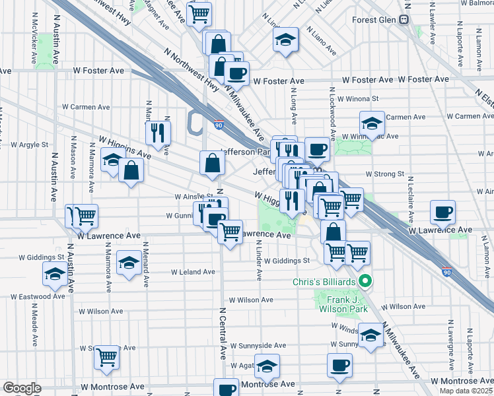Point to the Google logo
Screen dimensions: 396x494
point(22,388)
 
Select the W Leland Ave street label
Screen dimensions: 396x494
point(193,271)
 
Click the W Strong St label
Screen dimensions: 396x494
point(385,174)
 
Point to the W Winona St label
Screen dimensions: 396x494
point(357,98)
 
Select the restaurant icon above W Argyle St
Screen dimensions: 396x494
point(158,133)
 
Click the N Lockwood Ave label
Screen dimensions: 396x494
point(334,116)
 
